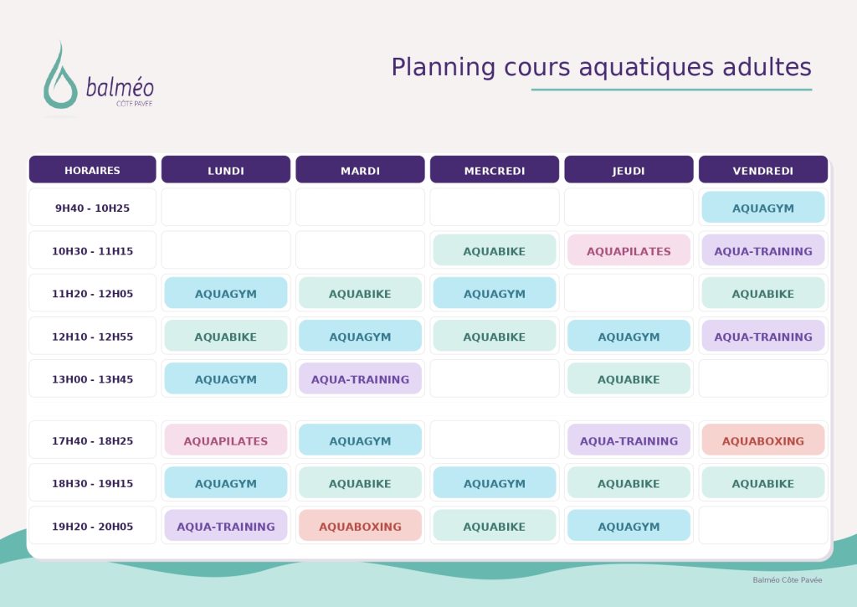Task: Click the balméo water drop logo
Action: [x=60, y=82]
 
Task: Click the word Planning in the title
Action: [x=443, y=68]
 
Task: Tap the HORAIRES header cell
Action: [x=92, y=169]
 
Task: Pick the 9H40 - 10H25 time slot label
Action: [x=92, y=208]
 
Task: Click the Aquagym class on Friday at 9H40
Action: [x=763, y=208]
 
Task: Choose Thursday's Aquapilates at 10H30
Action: [x=629, y=250]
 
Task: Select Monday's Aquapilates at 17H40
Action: [x=226, y=440]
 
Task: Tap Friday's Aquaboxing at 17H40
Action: [x=763, y=440]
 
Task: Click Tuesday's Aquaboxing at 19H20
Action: [x=360, y=526]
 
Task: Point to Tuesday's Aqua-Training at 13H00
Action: [x=360, y=378]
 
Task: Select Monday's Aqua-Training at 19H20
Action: [x=226, y=526]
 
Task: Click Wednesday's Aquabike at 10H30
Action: [x=495, y=250]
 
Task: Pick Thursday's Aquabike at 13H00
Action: [x=629, y=378]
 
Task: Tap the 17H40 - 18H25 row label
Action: [x=92, y=440]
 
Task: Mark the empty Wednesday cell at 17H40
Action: [x=495, y=440]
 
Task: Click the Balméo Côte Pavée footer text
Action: [x=787, y=579]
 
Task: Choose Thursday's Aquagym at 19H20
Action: [x=629, y=526]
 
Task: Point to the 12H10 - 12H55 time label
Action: [x=92, y=337]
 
